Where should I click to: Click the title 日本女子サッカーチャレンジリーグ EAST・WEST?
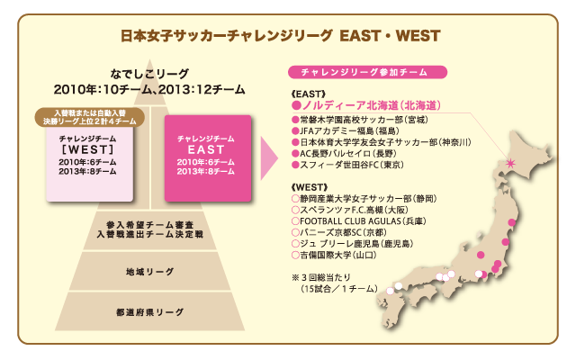[x=280, y=36]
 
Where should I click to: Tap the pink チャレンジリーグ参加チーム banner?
[x=367, y=72]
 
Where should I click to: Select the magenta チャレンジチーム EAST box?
[x=208, y=158]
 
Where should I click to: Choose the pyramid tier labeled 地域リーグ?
[x=150, y=272]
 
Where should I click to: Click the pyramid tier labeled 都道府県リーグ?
[x=150, y=312]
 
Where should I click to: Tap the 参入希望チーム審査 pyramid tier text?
[x=150, y=224]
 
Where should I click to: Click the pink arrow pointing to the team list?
[x=269, y=158]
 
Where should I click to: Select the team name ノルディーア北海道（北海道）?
[x=366, y=106]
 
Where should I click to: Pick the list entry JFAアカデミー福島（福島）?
[x=346, y=130]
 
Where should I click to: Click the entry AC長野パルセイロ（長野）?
[x=344, y=154]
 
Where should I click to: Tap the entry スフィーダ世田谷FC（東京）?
[x=348, y=165]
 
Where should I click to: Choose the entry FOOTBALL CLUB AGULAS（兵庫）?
[x=359, y=221]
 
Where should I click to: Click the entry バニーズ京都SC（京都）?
[x=339, y=232]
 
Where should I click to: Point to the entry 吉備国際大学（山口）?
[x=334, y=255]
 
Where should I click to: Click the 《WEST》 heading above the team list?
[x=309, y=187]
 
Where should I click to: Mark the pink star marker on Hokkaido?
[x=510, y=163]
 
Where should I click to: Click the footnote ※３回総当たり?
[x=321, y=277]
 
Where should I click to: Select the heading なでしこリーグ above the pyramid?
[x=149, y=74]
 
